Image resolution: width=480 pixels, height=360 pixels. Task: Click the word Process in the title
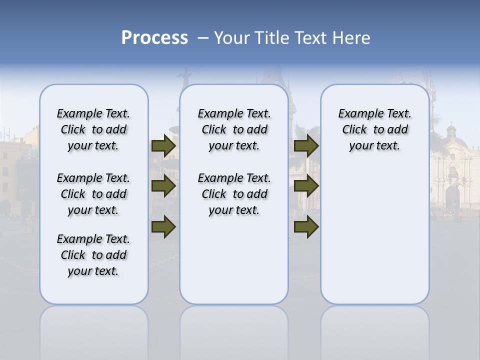tap(154, 38)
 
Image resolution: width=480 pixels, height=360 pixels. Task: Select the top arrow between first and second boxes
tap(163, 146)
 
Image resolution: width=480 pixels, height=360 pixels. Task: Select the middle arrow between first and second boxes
tap(163, 186)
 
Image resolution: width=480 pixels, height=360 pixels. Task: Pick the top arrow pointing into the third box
tap(306, 146)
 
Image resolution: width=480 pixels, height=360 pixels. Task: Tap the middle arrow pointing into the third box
tap(306, 186)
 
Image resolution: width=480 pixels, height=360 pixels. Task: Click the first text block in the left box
tap(93, 129)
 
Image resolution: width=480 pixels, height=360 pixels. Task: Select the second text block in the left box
tap(93, 194)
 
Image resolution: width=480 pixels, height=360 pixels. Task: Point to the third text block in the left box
tap(93, 255)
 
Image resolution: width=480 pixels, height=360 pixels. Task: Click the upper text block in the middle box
tap(234, 129)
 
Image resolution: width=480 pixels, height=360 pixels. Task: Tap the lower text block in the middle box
tap(234, 194)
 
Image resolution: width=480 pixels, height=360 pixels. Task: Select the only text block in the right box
tap(374, 129)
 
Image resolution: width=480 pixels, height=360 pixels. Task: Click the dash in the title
tap(203, 38)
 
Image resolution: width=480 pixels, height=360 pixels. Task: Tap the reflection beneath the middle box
tap(234, 330)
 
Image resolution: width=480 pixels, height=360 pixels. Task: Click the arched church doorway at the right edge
tap(452, 197)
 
